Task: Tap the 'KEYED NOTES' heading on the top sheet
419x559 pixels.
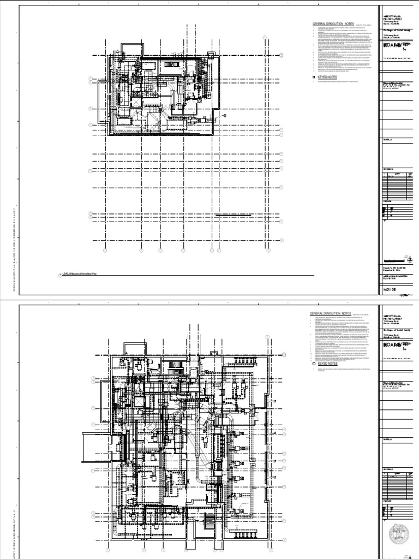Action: coord(327,79)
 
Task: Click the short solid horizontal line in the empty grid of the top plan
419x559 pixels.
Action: coord(234,215)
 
